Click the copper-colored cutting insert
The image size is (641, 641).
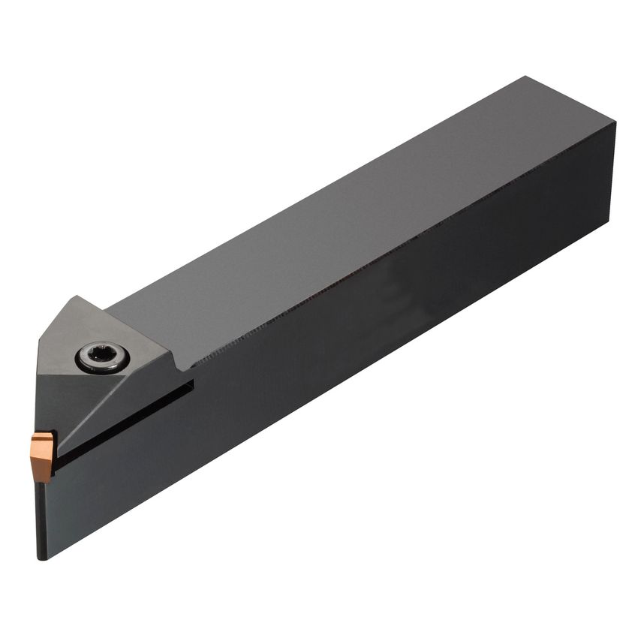(44, 454)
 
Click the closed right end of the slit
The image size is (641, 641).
(191, 385)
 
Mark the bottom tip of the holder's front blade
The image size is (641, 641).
(42, 557)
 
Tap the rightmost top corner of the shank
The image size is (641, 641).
(615, 122)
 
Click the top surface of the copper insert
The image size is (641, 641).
(43, 438)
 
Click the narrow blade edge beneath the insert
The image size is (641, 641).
(42, 518)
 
